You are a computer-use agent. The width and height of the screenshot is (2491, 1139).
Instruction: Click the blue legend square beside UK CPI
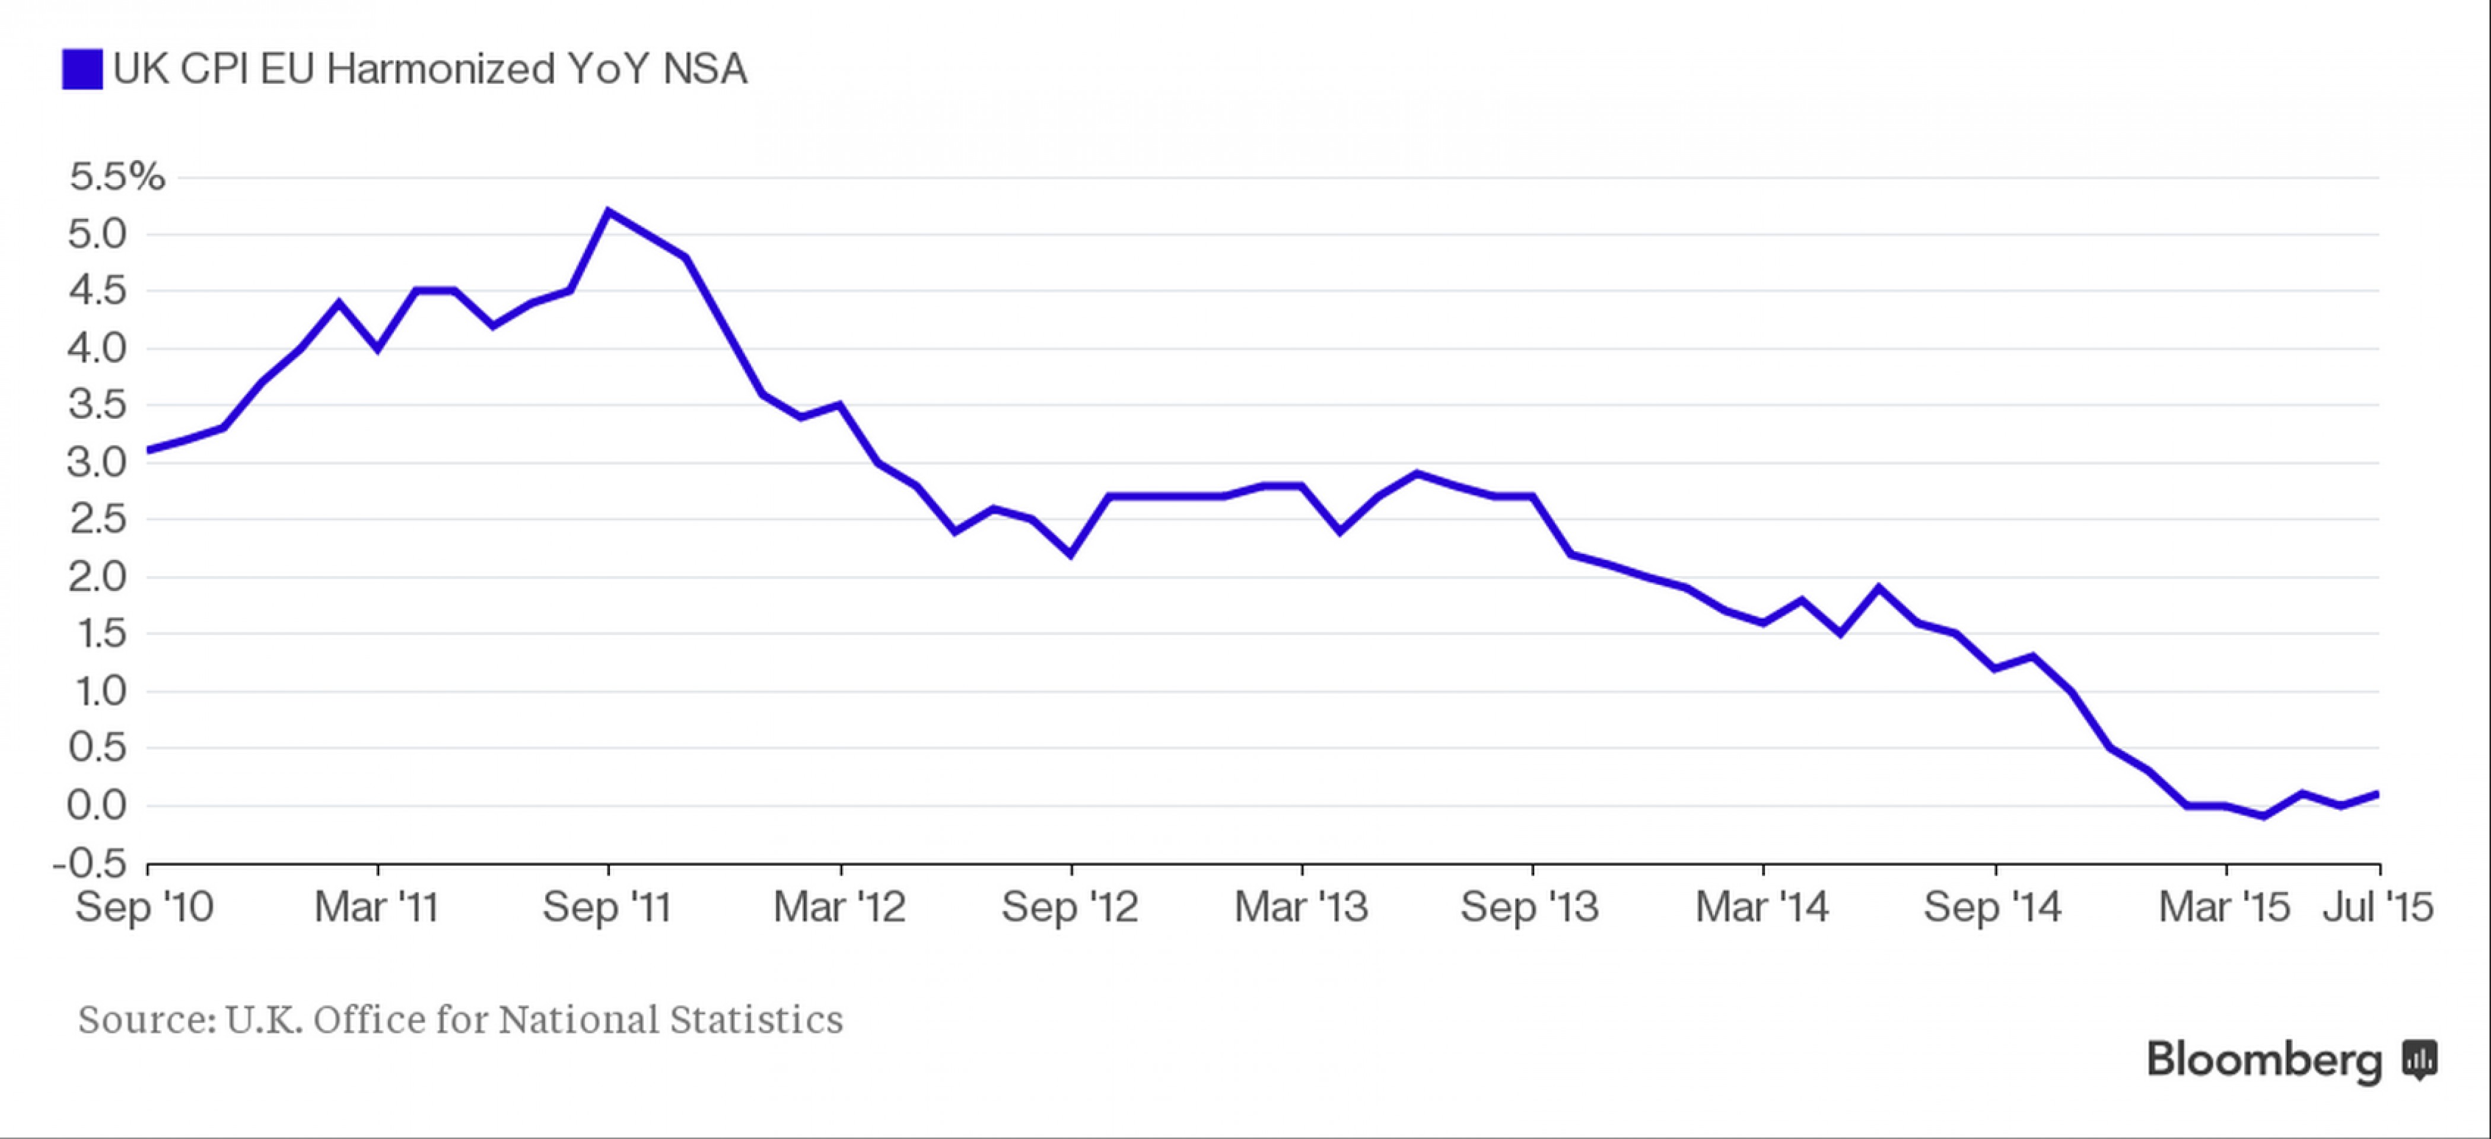[x=82, y=69]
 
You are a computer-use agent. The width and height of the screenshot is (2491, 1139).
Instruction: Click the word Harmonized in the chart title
[x=441, y=69]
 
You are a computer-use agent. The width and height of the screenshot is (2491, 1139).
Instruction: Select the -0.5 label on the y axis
[x=90, y=863]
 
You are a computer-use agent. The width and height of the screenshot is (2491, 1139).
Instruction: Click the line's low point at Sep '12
[x=1070, y=554]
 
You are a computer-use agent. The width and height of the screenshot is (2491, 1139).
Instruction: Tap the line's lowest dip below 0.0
[x=2264, y=817]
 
